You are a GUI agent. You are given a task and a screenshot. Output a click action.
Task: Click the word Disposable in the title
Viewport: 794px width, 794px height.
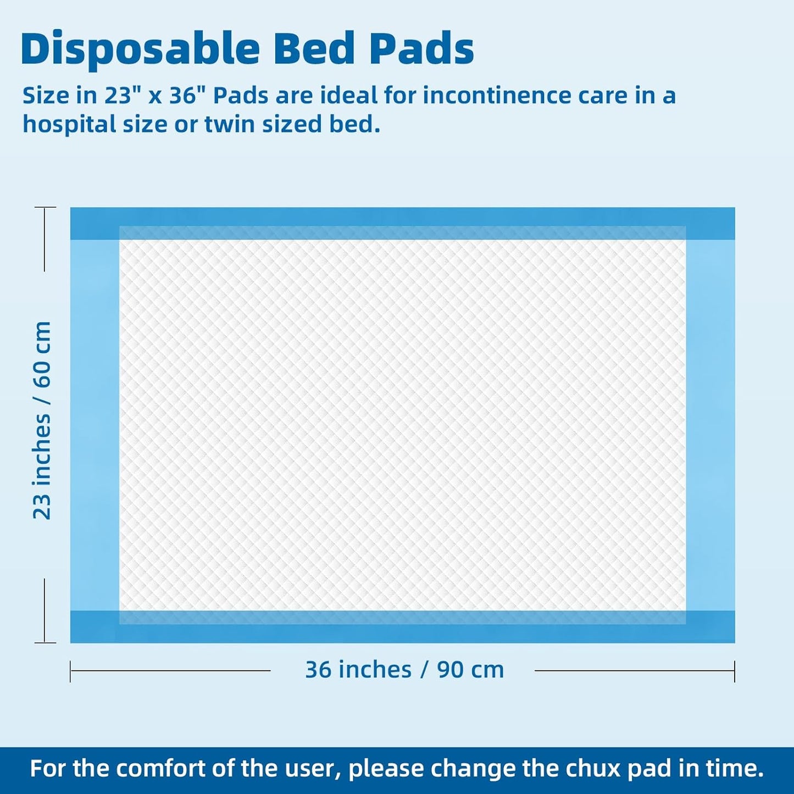point(140,49)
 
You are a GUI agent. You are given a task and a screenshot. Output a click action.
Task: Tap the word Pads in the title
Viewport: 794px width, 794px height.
point(421,49)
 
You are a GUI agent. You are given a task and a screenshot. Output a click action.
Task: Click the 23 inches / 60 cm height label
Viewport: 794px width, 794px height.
point(42,420)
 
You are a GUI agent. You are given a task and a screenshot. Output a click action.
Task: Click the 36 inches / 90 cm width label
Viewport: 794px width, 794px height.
point(404,670)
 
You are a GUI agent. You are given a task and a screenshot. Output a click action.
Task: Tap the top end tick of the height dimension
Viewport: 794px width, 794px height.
point(45,208)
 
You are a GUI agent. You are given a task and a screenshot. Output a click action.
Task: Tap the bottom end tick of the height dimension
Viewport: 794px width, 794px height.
point(45,642)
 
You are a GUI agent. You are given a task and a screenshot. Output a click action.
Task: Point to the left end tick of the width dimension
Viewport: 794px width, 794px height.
point(71,671)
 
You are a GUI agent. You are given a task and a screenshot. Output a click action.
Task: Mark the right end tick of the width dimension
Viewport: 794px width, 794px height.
point(734,671)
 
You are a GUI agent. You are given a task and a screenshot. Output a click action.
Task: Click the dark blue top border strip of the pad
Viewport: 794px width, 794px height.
point(402,216)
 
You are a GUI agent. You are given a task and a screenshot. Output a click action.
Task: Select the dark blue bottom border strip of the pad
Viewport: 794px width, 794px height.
point(402,634)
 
